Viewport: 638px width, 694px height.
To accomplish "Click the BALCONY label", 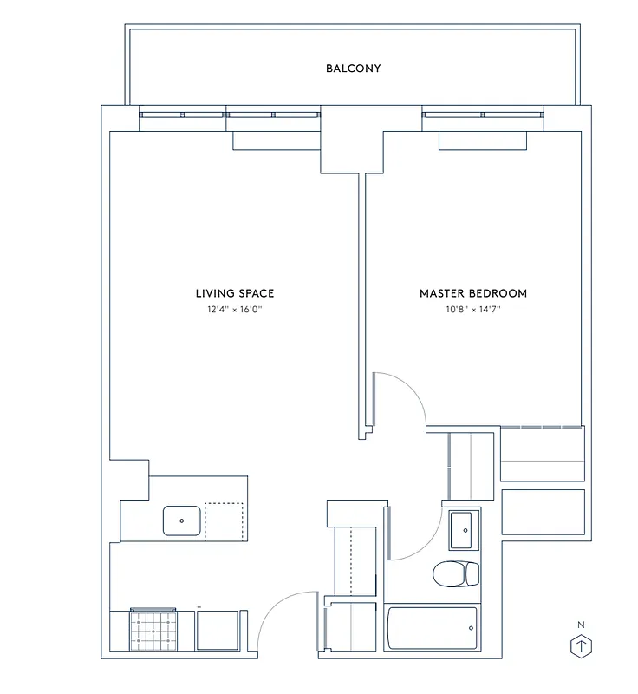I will tap(353, 68).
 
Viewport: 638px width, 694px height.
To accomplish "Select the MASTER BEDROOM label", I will tap(472, 293).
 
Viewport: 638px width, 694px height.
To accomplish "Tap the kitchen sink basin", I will tap(182, 521).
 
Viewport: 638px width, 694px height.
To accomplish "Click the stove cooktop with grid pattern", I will tap(153, 630).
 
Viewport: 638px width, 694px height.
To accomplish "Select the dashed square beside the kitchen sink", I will tap(225, 521).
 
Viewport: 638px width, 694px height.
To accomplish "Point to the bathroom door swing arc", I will tap(415, 539).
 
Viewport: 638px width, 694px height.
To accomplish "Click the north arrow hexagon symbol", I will tap(581, 647).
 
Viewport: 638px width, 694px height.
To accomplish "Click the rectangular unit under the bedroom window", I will tap(481, 141).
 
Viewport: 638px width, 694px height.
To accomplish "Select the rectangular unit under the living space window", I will tap(277, 141).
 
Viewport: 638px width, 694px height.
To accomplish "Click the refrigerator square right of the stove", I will tap(217, 630).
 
